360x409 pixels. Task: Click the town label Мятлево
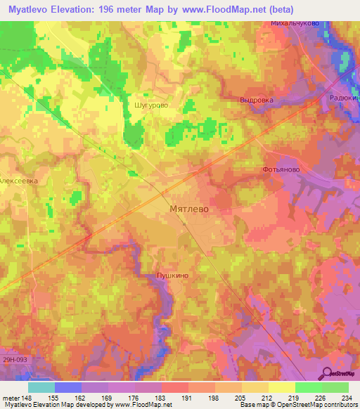click(x=190, y=209)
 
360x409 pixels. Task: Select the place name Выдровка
click(x=256, y=100)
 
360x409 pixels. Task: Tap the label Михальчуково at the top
click(x=295, y=23)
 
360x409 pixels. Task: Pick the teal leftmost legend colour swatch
click(x=41, y=387)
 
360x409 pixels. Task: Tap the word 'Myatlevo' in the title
click(x=29, y=8)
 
